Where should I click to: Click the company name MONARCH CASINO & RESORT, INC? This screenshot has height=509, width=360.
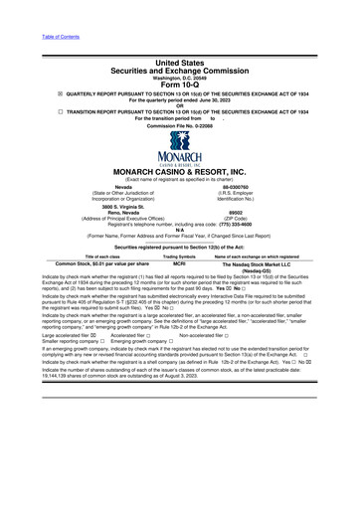pos(179,171)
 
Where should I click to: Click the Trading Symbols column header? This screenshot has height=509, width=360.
pos(179,256)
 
